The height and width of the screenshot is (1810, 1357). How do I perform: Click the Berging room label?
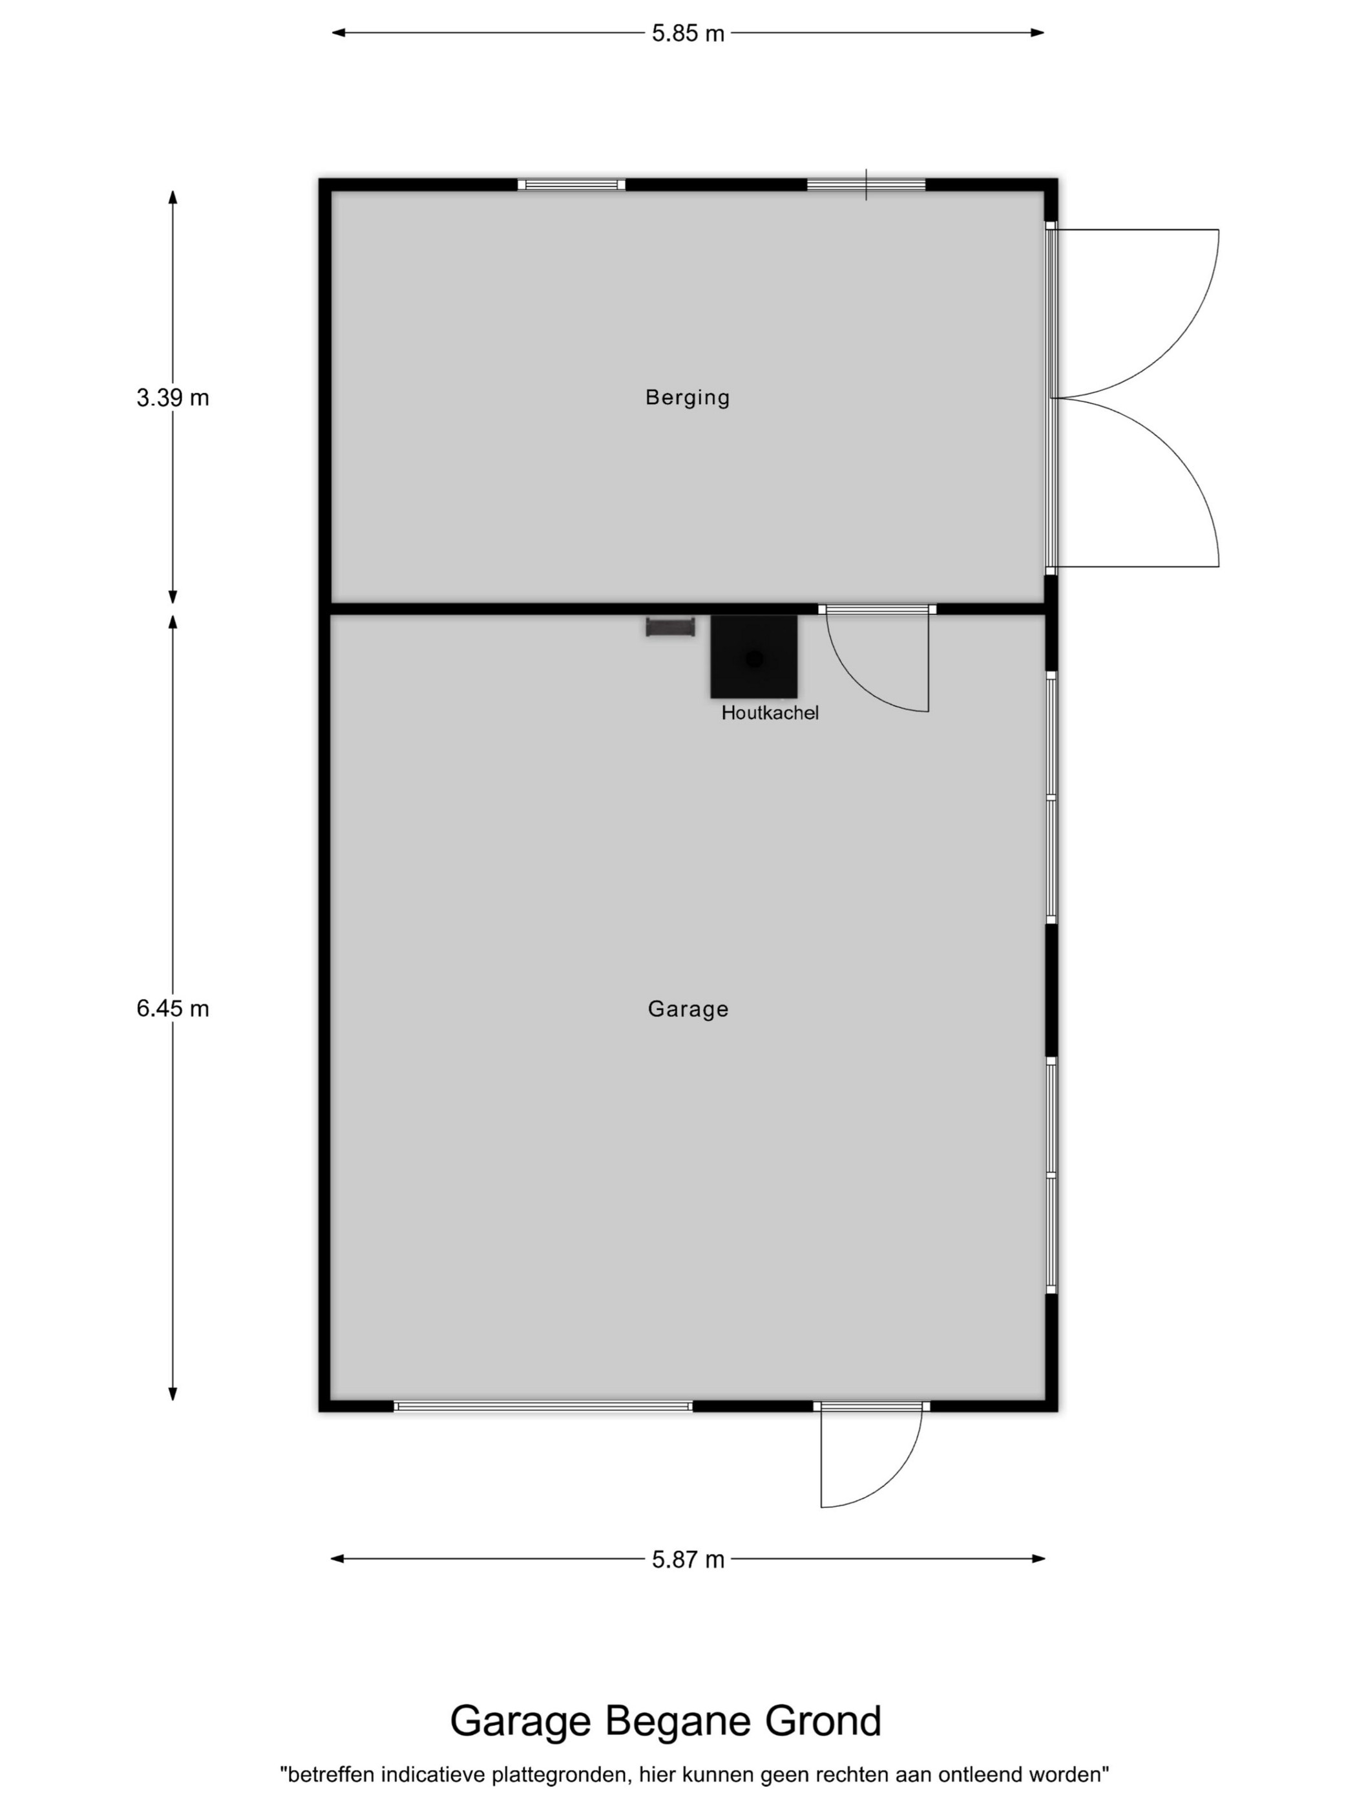click(x=687, y=398)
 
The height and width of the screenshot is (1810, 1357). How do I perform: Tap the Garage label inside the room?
click(x=688, y=1009)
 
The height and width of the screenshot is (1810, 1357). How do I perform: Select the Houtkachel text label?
click(x=770, y=713)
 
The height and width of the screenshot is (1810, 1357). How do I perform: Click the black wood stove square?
click(x=753, y=656)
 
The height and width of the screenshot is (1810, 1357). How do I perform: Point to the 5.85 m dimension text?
click(x=688, y=34)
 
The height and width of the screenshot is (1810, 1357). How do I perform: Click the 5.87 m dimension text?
click(x=688, y=1559)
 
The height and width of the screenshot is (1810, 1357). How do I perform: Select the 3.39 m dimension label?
click(x=173, y=398)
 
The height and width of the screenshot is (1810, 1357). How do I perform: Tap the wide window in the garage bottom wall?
click(x=543, y=1406)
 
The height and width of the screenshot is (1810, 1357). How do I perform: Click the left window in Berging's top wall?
click(x=571, y=184)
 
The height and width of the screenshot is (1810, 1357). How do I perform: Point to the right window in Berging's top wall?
click(x=867, y=184)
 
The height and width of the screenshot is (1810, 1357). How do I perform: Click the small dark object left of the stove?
click(x=670, y=628)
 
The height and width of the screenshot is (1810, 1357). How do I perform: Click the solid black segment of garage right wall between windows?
click(x=1051, y=990)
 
